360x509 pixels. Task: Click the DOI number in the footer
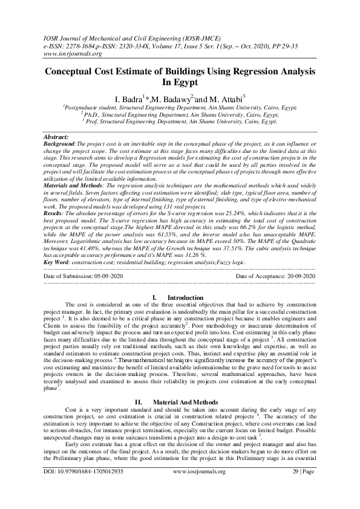84,487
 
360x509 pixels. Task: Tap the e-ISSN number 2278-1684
87,45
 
